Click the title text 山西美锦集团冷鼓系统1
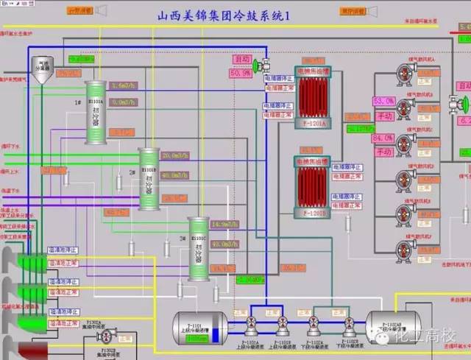[213, 15]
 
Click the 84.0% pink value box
[383, 138]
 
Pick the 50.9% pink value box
[240, 74]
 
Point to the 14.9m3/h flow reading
[224, 224]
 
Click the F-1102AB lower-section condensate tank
[391, 324]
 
